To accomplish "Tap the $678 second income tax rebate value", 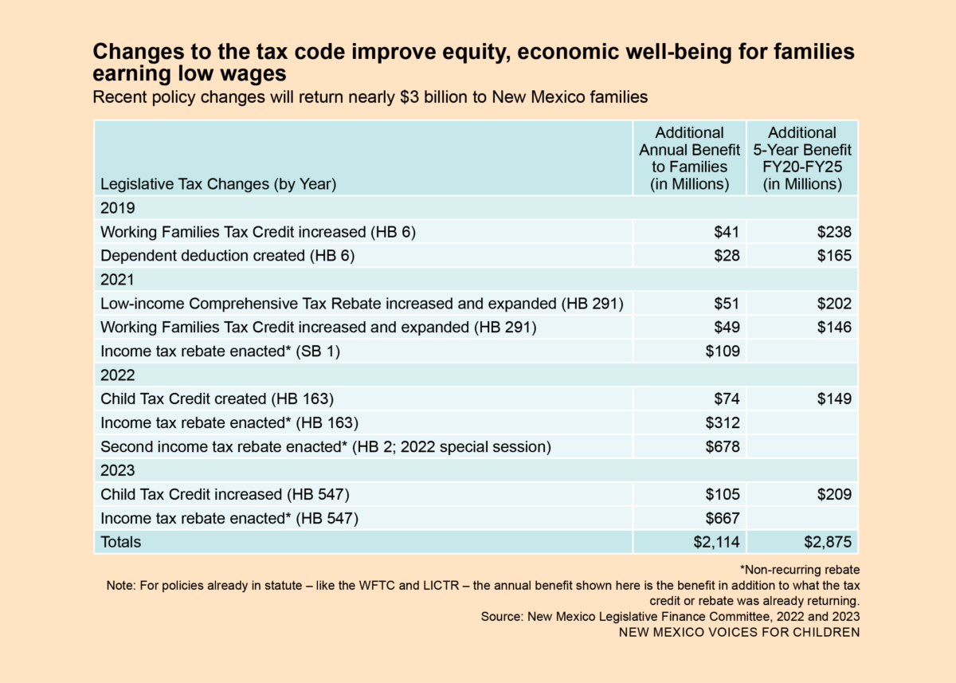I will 723,446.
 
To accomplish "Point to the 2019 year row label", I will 117,208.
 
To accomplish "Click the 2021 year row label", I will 117,280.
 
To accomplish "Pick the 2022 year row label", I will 117,375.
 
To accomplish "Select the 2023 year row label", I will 117,470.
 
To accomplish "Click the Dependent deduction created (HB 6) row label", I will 227,256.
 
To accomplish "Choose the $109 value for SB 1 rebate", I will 723,351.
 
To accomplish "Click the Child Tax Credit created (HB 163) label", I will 217,398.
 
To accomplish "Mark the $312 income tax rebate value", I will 723,422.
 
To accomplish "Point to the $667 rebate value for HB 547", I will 723,518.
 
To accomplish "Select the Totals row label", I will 120,542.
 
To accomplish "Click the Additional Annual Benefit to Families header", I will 690,158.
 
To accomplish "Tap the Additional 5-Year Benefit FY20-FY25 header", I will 802,158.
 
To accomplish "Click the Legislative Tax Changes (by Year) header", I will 218,184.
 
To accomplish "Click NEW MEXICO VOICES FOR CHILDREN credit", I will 739,632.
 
